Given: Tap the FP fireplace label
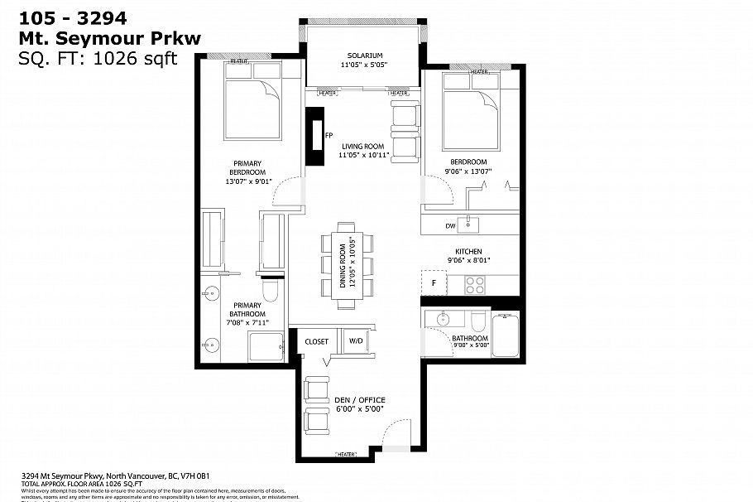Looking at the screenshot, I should [329, 135].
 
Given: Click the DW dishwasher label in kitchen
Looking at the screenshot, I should [450, 225].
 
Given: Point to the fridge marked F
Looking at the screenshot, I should [434, 282].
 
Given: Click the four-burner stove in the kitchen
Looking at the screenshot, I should [475, 283].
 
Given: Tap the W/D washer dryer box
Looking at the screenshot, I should [356, 340].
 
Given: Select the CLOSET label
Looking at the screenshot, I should [316, 341].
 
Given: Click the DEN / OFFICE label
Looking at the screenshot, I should [359, 400].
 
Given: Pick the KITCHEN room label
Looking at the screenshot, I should [468, 251].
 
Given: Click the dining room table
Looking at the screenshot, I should [346, 263].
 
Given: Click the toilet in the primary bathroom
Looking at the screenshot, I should [271, 291].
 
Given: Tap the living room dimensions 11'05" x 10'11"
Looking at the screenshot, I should [365, 155].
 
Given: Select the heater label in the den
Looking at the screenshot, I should [346, 455].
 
